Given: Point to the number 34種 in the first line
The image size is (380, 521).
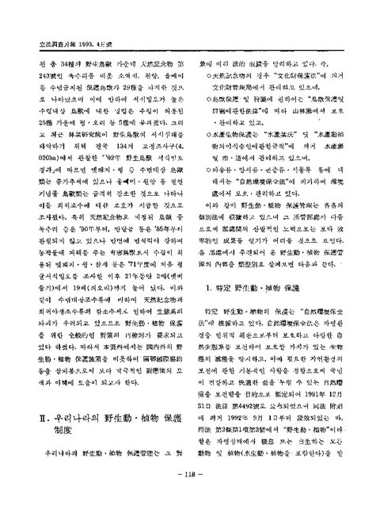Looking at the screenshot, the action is tap(44, 33).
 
